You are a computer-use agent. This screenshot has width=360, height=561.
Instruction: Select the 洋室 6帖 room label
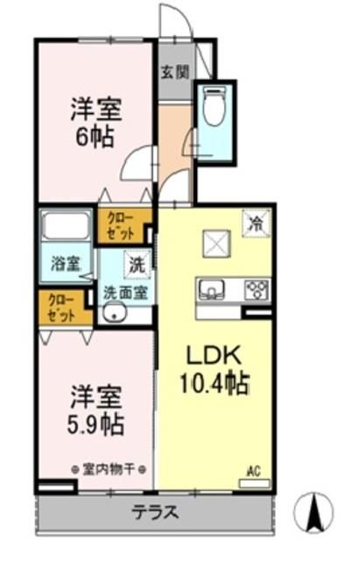(x=95, y=124)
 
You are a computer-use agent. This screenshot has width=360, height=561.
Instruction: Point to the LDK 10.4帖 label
(x=215, y=368)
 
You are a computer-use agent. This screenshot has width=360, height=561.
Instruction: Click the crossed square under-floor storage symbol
(x=215, y=244)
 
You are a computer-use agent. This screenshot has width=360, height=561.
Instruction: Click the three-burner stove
(x=256, y=288)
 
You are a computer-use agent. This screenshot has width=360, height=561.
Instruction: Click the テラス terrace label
(x=156, y=513)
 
